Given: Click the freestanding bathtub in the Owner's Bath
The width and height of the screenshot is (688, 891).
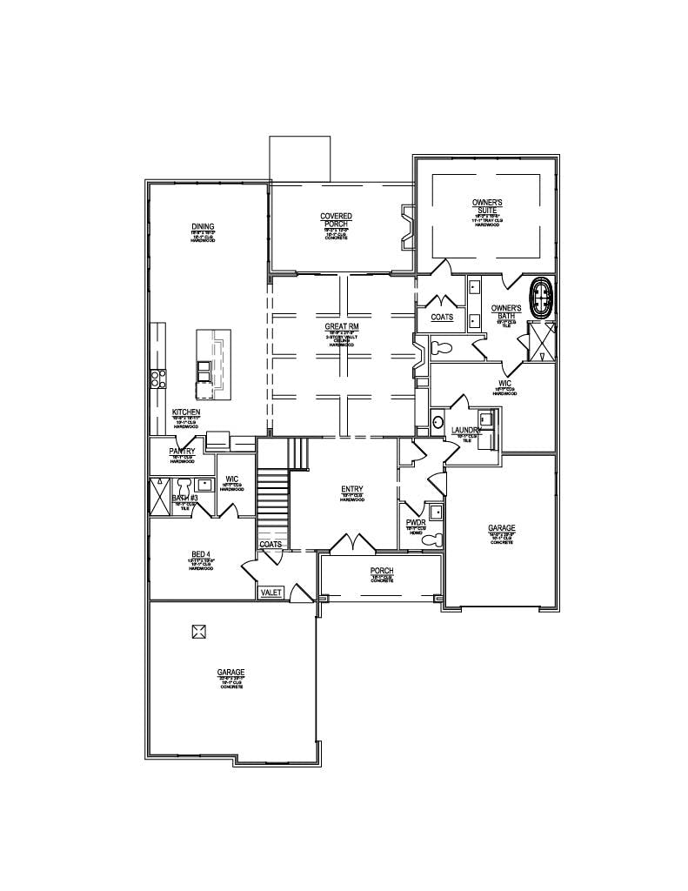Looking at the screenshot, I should (543, 296).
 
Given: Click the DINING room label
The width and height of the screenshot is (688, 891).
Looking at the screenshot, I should (204, 227).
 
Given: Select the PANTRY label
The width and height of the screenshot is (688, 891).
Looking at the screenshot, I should (182, 452).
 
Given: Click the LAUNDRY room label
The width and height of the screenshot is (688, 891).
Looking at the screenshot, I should (466, 431).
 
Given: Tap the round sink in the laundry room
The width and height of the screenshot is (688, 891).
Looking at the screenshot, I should (437, 423).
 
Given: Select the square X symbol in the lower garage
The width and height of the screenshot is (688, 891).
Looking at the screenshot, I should (199, 631).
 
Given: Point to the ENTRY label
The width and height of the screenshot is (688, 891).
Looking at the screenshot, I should (352, 490).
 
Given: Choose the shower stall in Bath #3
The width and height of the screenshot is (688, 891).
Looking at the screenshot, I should (161, 496).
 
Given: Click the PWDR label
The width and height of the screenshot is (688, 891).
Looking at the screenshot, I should (415, 524).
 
